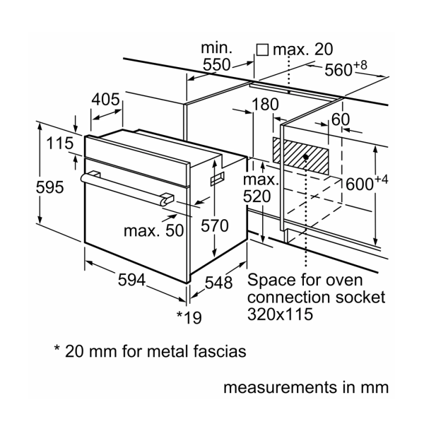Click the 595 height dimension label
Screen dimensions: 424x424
click(x=49, y=187)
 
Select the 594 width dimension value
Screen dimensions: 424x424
click(x=131, y=280)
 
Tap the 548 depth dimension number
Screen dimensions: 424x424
click(x=218, y=283)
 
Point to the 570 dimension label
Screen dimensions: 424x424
click(x=214, y=225)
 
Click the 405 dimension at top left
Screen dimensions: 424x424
click(x=105, y=99)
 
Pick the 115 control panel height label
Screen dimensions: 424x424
click(x=60, y=143)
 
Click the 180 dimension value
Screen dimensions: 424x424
click(x=265, y=104)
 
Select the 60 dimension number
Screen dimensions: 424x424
click(x=341, y=119)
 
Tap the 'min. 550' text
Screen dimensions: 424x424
click(x=216, y=57)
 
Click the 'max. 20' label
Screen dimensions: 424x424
click(x=303, y=49)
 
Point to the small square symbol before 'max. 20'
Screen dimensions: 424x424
click(x=262, y=49)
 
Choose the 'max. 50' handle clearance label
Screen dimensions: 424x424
click(x=153, y=230)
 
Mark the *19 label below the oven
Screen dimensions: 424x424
click(x=189, y=317)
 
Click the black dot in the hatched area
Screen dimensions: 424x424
click(x=306, y=157)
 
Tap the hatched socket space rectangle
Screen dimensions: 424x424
click(x=301, y=155)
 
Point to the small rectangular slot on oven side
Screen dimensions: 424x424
click(x=217, y=179)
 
